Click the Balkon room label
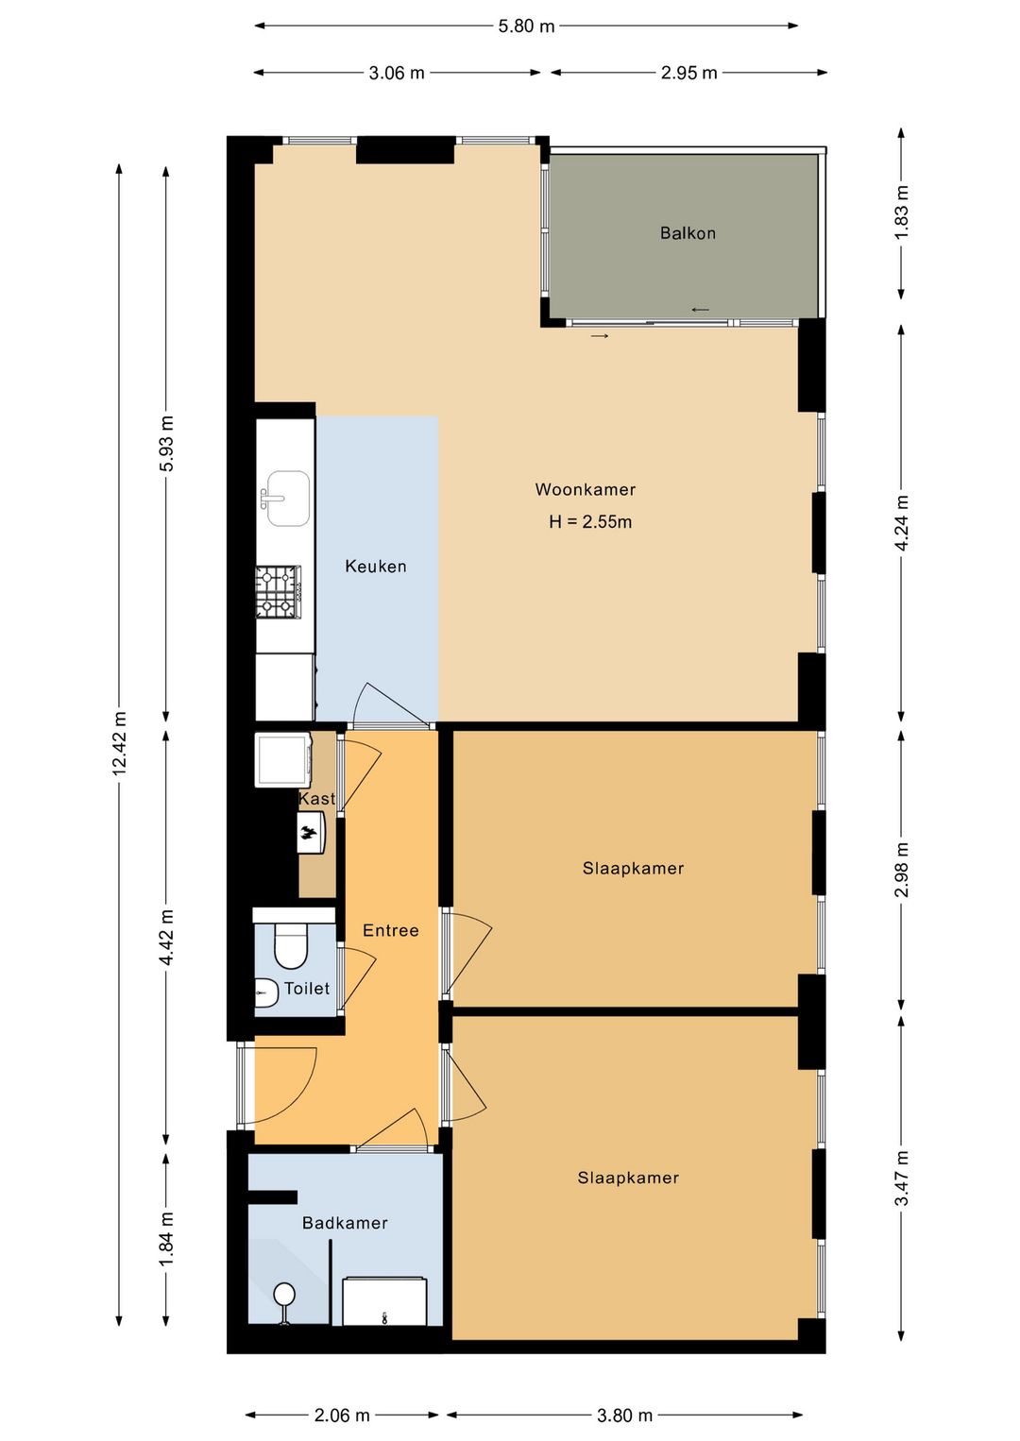688,233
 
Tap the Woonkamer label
585,489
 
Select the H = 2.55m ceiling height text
590,521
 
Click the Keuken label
376,567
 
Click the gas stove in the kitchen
279,592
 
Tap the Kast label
316,798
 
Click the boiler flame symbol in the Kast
310,833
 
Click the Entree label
391,930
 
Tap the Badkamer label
345,1223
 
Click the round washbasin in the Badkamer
283,1294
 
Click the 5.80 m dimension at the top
526,26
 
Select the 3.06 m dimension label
397,73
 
